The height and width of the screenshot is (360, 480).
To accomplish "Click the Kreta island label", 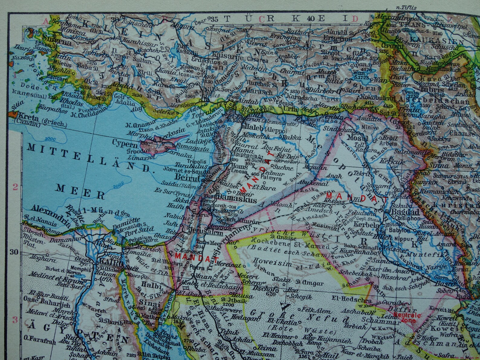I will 28,116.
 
